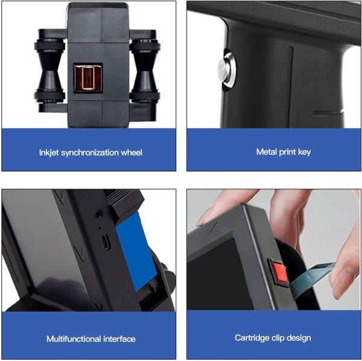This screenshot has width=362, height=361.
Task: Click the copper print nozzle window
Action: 88,78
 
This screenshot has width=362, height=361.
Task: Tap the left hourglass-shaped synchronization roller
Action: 49,71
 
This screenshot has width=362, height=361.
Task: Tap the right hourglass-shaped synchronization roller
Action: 145,71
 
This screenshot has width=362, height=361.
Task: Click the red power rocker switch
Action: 279,273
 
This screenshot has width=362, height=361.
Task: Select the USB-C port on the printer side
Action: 106,242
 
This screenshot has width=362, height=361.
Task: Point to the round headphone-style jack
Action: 99,215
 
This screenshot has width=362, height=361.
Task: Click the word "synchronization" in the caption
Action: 90,152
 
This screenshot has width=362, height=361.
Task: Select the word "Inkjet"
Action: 49,152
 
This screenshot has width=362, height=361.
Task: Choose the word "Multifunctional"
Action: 74,339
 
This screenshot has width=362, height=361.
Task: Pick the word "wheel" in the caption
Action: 132,152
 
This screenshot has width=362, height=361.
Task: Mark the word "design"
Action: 299,338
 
